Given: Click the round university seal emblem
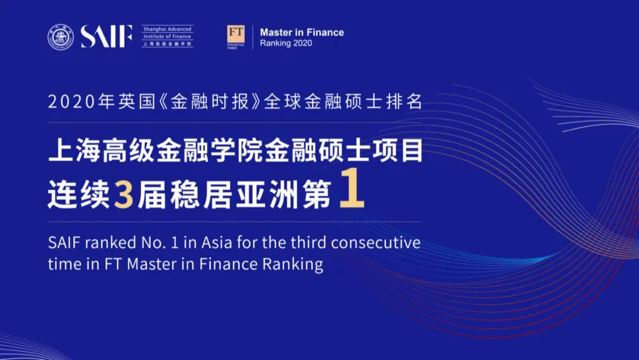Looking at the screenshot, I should coord(61,37).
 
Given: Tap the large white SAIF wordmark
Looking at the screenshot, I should coord(106,37).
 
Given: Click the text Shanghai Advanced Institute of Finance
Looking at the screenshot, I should coord(167,33).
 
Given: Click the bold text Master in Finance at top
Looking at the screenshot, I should coord(302,33).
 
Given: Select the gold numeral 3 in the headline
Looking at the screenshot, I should coord(123,195).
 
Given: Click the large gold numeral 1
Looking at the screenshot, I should coord(351,192).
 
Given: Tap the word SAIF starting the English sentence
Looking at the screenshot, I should coord(63,243).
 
